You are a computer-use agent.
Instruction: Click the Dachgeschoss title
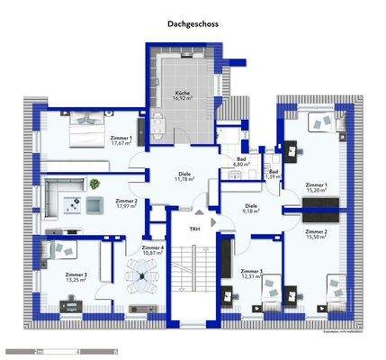click(193, 27)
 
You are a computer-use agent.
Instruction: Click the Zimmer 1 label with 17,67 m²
click(121, 138)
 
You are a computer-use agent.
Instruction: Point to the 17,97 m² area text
click(125, 206)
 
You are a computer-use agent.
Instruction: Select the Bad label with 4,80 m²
click(239, 158)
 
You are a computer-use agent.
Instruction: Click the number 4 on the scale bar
click(78, 350)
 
